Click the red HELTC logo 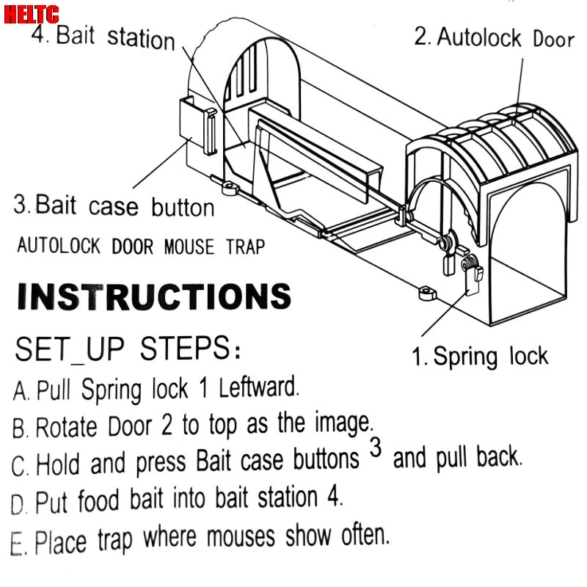click(32, 12)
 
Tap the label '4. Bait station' click(103, 37)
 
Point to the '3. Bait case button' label click(114, 205)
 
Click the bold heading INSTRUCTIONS click(153, 298)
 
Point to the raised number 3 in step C click(376, 448)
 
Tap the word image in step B click(342, 422)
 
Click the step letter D click(18, 505)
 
